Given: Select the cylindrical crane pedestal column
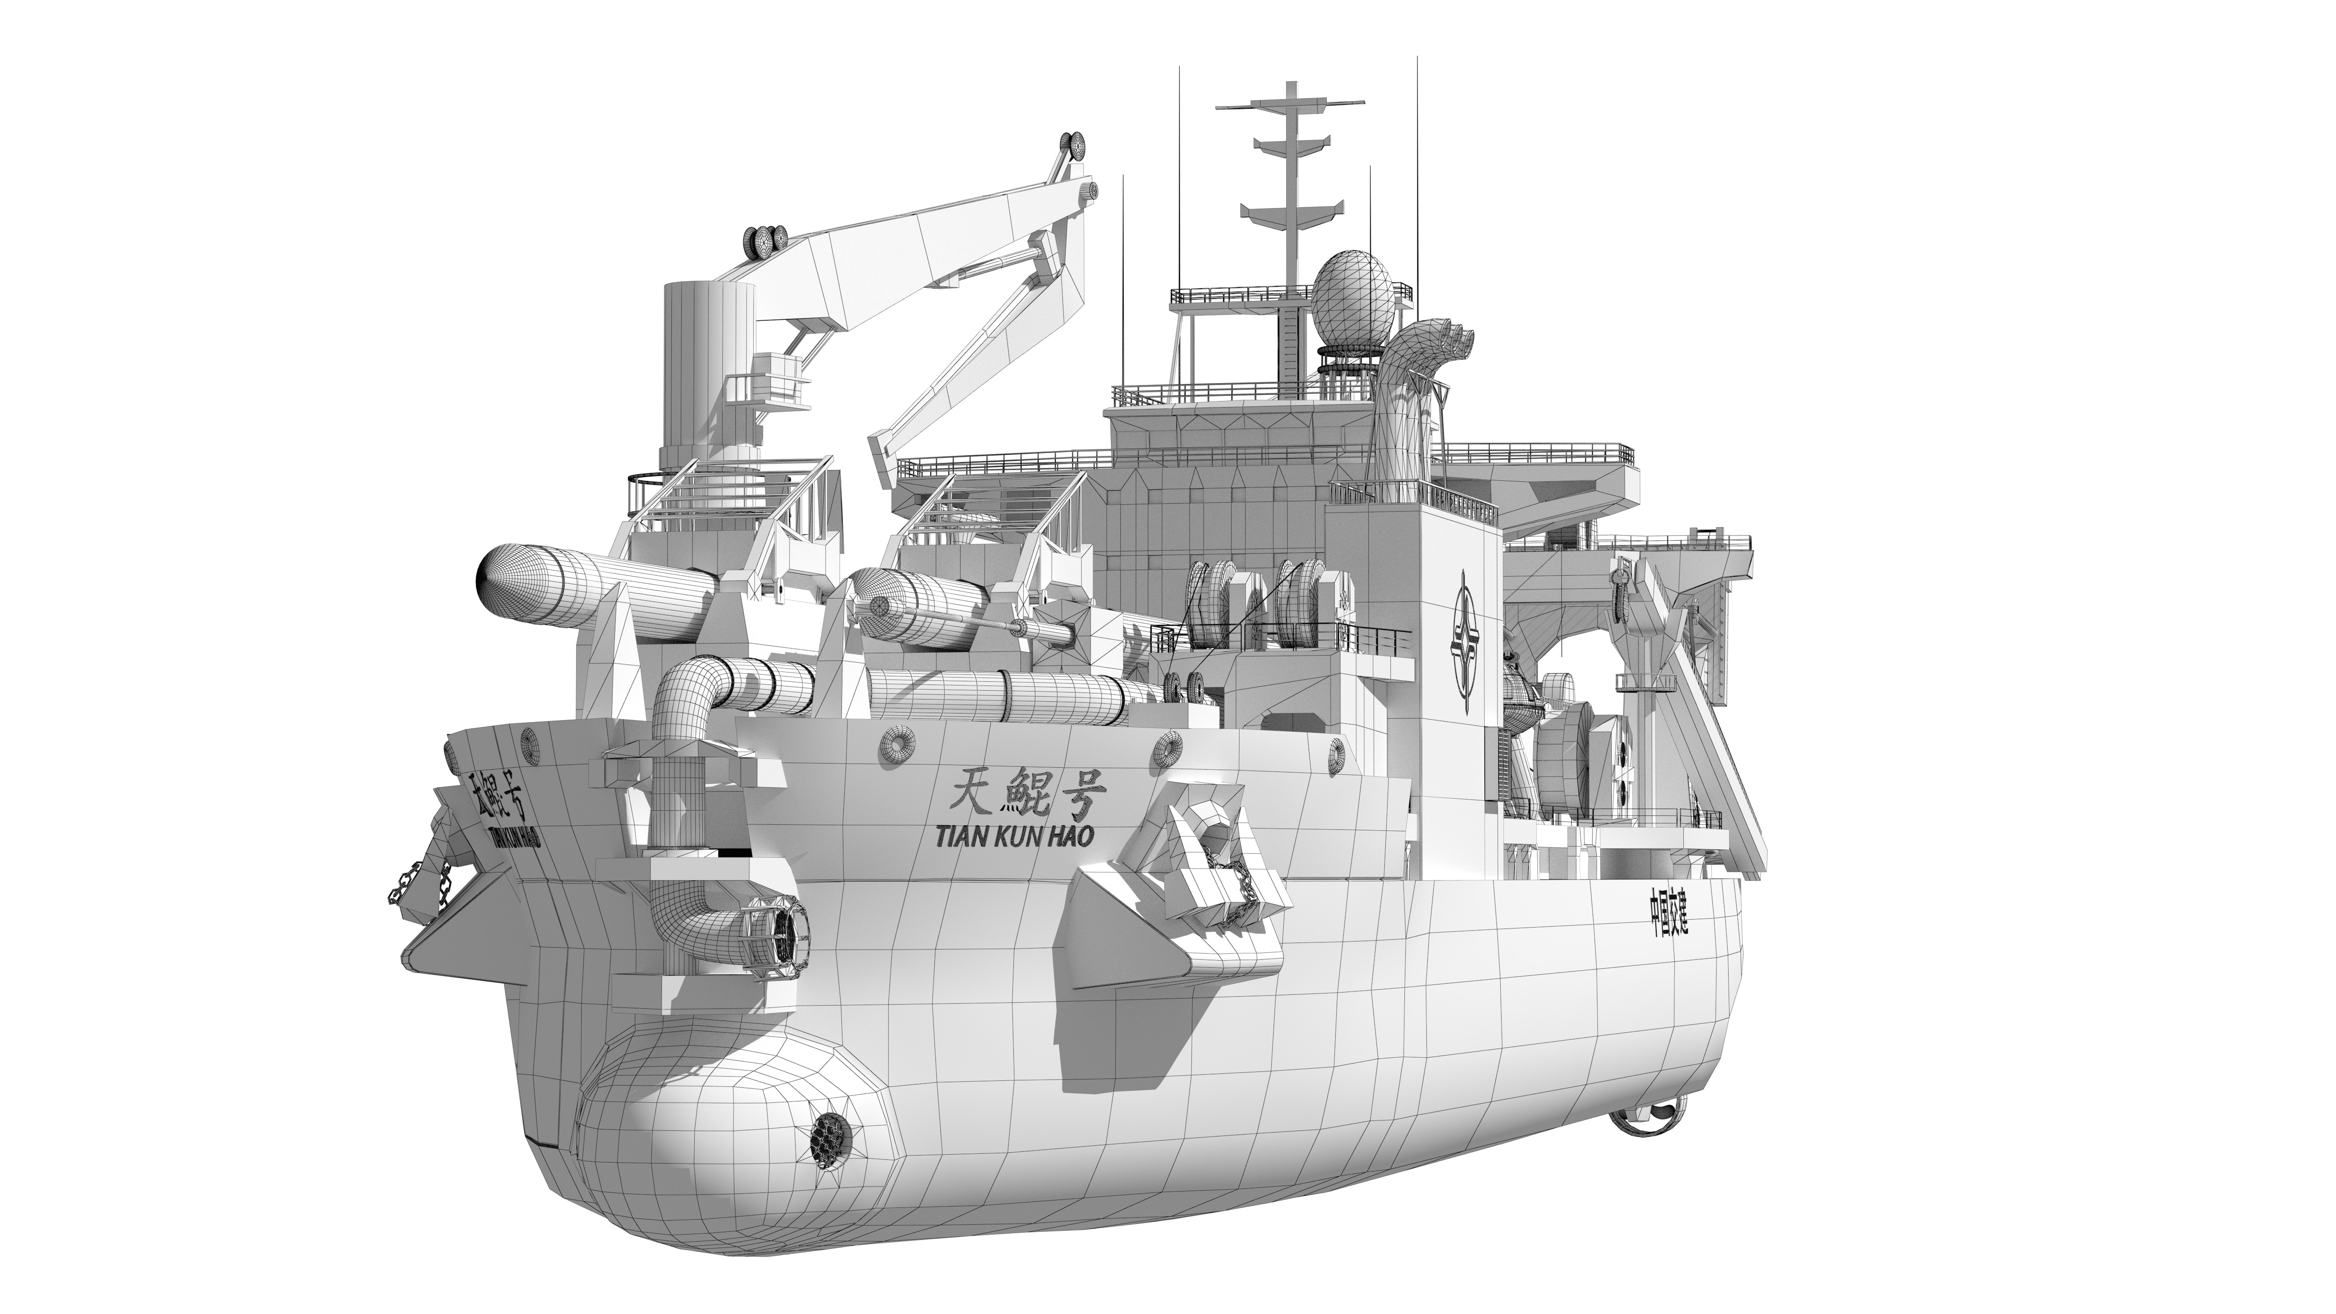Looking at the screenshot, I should point(709,363).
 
